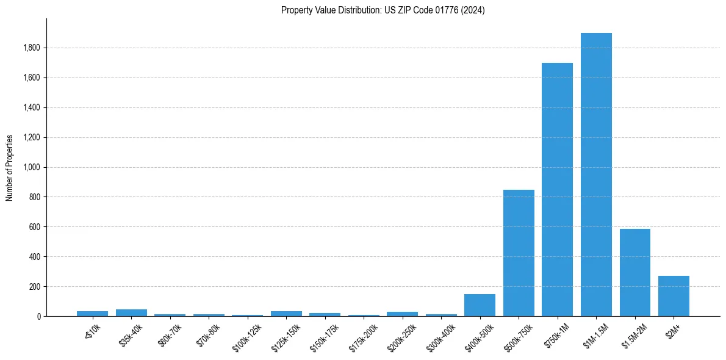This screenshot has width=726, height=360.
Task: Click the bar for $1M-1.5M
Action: (x=596, y=175)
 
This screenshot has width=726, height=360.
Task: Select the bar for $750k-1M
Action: (x=557, y=189)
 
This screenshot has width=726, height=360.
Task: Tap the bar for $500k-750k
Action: (x=519, y=253)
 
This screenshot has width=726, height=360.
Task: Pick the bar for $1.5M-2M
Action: (x=634, y=272)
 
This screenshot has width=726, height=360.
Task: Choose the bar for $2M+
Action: (x=674, y=296)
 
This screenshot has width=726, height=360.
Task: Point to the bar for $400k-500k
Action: (x=480, y=305)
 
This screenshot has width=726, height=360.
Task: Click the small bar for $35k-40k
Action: (x=131, y=312)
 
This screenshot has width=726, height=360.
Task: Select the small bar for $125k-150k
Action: (x=286, y=314)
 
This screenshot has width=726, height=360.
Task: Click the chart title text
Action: (x=383, y=10)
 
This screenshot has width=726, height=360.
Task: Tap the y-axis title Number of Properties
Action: (x=10, y=167)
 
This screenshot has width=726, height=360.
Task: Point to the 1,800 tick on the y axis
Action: (x=32, y=48)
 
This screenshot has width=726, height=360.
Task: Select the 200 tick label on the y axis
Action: (x=35, y=287)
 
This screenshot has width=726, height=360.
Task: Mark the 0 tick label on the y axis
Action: (x=38, y=317)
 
